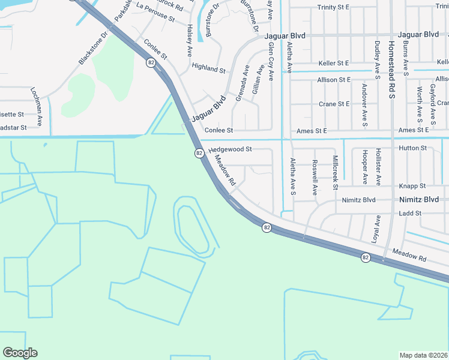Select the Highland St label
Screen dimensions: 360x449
pyautogui.click(x=208, y=68)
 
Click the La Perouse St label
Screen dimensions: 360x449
pyautogui.click(x=155, y=13)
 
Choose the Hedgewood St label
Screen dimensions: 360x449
pyautogui.click(x=231, y=149)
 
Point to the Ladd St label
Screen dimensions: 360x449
pyautogui.click(x=411, y=213)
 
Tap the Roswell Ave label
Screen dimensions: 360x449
pyautogui.click(x=315, y=178)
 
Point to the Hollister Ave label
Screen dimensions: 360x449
pyautogui.click(x=378, y=166)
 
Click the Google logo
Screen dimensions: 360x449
pyautogui.click(x=20, y=353)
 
